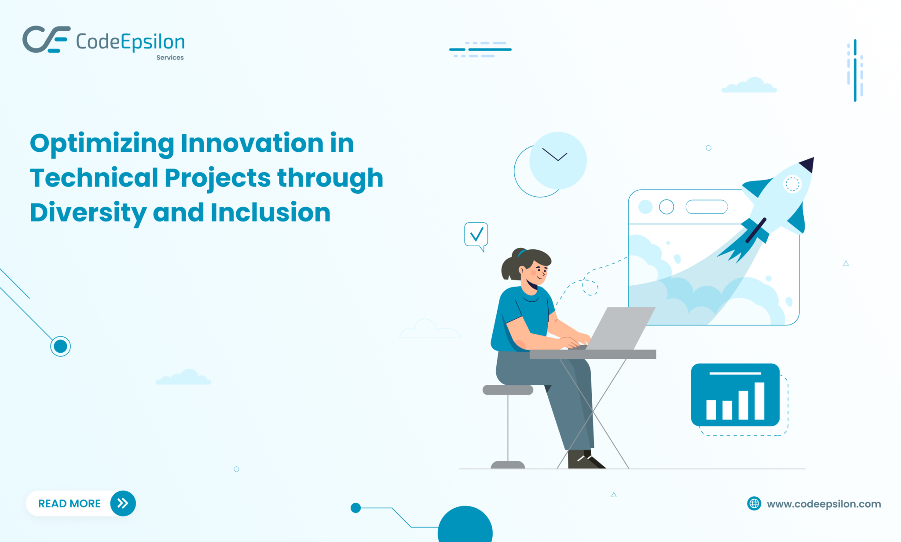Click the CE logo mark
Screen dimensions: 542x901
coord(46,40)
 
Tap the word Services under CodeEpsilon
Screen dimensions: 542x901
coord(170,58)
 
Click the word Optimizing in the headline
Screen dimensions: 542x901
coord(102,144)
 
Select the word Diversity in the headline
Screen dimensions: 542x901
coord(88,213)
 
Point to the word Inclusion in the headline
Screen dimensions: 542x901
coord(270,213)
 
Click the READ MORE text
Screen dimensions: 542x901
coord(70,503)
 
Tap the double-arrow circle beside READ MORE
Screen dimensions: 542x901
coord(123,503)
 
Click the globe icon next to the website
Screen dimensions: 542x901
coord(754,503)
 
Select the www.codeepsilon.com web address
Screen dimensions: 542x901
coord(824,504)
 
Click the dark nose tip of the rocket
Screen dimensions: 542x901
coord(808,164)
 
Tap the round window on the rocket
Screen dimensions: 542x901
coord(792,184)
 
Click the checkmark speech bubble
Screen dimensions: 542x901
coord(476,235)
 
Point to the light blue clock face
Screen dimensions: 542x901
coord(558,160)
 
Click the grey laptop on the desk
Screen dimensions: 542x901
coord(620,328)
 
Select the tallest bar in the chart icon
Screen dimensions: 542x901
coord(759,401)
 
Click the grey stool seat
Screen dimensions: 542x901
coord(508,390)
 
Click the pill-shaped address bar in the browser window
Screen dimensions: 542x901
coord(707,206)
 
